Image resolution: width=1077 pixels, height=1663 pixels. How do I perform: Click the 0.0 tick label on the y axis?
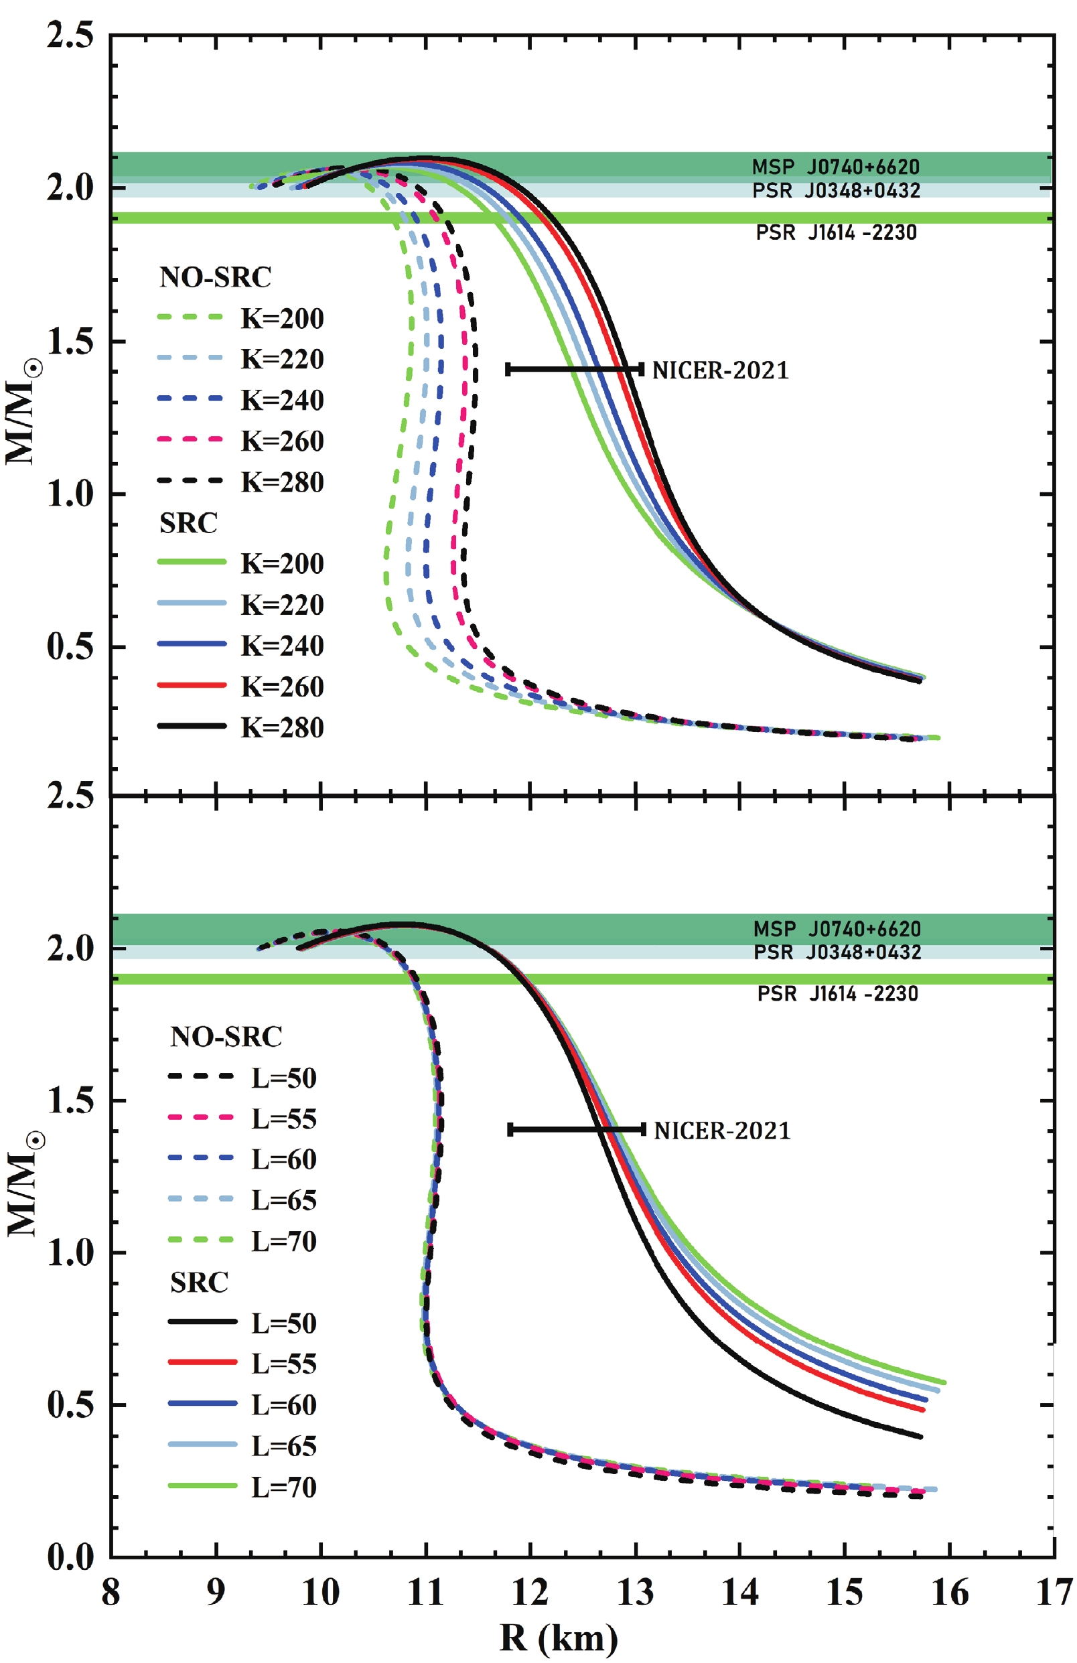pos(70,1557)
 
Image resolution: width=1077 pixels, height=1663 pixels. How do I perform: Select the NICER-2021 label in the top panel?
pos(720,370)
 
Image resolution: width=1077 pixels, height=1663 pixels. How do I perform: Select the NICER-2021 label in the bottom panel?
pos(722,1131)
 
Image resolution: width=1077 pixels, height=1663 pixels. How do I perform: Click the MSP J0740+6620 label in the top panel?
pos(835,167)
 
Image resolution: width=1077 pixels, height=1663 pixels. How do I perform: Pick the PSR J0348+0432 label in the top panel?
pos(836,191)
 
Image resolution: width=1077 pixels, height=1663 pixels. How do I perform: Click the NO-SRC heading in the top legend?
pos(215,277)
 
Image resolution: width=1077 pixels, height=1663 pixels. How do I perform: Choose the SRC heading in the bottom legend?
pos(199,1283)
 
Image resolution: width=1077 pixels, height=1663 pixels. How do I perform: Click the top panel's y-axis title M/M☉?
pos(22,413)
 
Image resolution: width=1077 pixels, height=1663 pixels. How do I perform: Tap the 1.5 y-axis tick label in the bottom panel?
pos(70,1100)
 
